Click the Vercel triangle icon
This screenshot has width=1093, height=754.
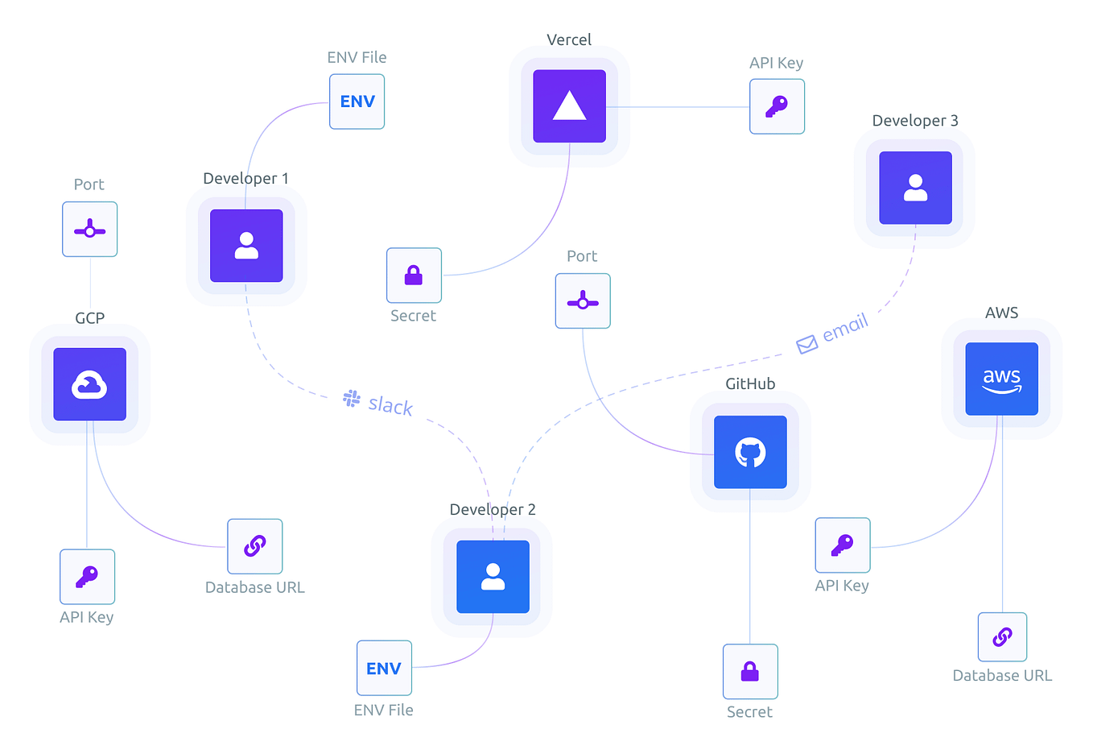pos(569,106)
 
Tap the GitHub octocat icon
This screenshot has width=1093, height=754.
pos(750,452)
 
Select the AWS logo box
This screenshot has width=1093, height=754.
pos(1001,379)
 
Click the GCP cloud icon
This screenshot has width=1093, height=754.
pos(89,384)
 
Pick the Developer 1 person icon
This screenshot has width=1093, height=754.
pos(246,246)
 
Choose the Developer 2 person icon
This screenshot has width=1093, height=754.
pos(493,577)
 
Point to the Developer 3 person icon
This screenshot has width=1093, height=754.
pos(915,188)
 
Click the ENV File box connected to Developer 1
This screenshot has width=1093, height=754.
pos(357,101)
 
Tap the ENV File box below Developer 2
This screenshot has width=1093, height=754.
pos(384,668)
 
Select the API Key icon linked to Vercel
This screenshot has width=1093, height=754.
pos(777,106)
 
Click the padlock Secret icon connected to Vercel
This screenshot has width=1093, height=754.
pos(414,275)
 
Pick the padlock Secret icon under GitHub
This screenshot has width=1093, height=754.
pos(750,671)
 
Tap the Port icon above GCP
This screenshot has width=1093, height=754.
pos(89,230)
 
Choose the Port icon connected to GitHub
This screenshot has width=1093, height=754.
pos(583,301)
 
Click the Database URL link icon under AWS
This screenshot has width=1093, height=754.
pos(1002,637)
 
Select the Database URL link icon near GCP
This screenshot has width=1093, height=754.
pos(254,546)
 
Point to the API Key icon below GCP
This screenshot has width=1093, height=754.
pos(87,577)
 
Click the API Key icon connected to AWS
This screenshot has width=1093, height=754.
pos(842,545)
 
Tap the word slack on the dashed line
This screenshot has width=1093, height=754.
pos(390,405)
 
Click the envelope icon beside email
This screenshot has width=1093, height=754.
pos(806,345)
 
